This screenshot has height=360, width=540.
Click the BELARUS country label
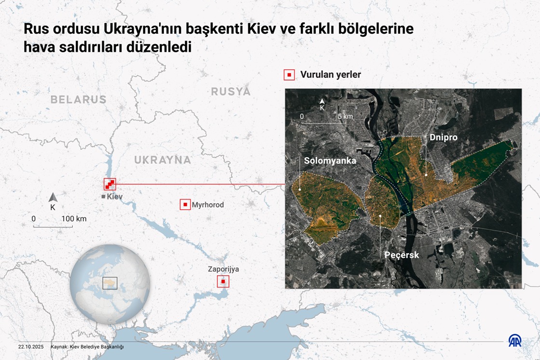(78, 100)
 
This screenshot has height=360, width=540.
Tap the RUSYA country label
(230, 92)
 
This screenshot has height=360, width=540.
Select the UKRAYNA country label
(162, 160)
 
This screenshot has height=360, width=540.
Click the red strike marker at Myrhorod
(185, 205)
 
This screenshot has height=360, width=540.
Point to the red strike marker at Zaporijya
(223, 281)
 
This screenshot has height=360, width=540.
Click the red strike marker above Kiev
(110, 184)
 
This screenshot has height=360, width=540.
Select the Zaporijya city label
(223, 269)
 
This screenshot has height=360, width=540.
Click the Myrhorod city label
(208, 205)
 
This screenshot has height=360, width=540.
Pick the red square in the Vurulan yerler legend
(289, 75)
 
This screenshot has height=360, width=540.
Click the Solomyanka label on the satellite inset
(330, 160)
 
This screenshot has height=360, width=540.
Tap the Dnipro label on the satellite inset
(443, 137)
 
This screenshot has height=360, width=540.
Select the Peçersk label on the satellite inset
(402, 254)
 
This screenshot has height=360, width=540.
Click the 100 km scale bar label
(74, 219)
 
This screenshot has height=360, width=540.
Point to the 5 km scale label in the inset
(345, 116)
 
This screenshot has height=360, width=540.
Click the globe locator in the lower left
(110, 283)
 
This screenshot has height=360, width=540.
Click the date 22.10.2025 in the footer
(31, 347)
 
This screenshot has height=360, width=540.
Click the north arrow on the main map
(53, 198)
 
